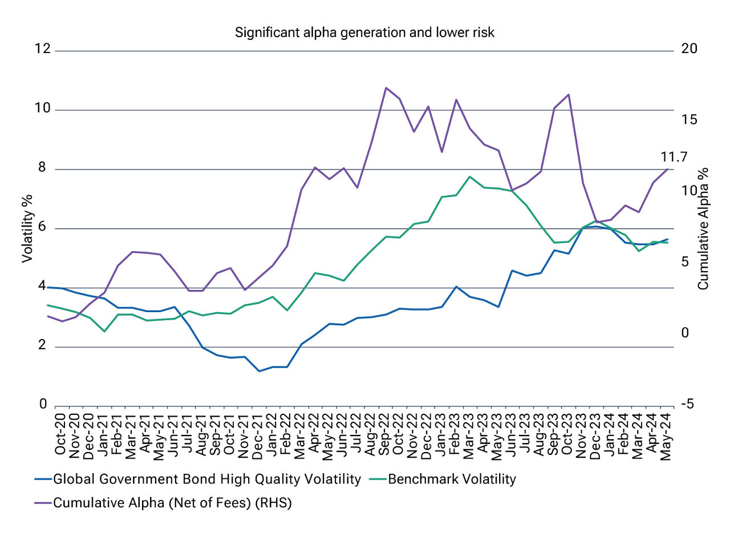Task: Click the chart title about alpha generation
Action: coord(365,33)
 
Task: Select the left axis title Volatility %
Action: coord(27,228)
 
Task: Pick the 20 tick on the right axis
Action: coord(690,50)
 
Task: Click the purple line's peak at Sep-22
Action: coord(386,88)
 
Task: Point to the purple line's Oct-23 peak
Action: coord(569,95)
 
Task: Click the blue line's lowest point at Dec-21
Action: coord(259,372)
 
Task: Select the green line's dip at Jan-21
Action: coord(104,331)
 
